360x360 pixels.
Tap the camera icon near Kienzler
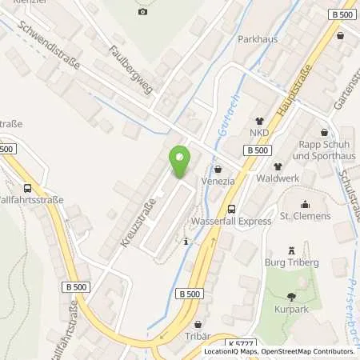click(142, 11)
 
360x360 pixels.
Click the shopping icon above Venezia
click(218, 169)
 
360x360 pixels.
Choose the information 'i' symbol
click(186, 241)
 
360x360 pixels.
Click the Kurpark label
click(301, 306)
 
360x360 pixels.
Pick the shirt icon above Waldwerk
click(278, 166)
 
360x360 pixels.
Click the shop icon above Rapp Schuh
click(324, 133)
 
